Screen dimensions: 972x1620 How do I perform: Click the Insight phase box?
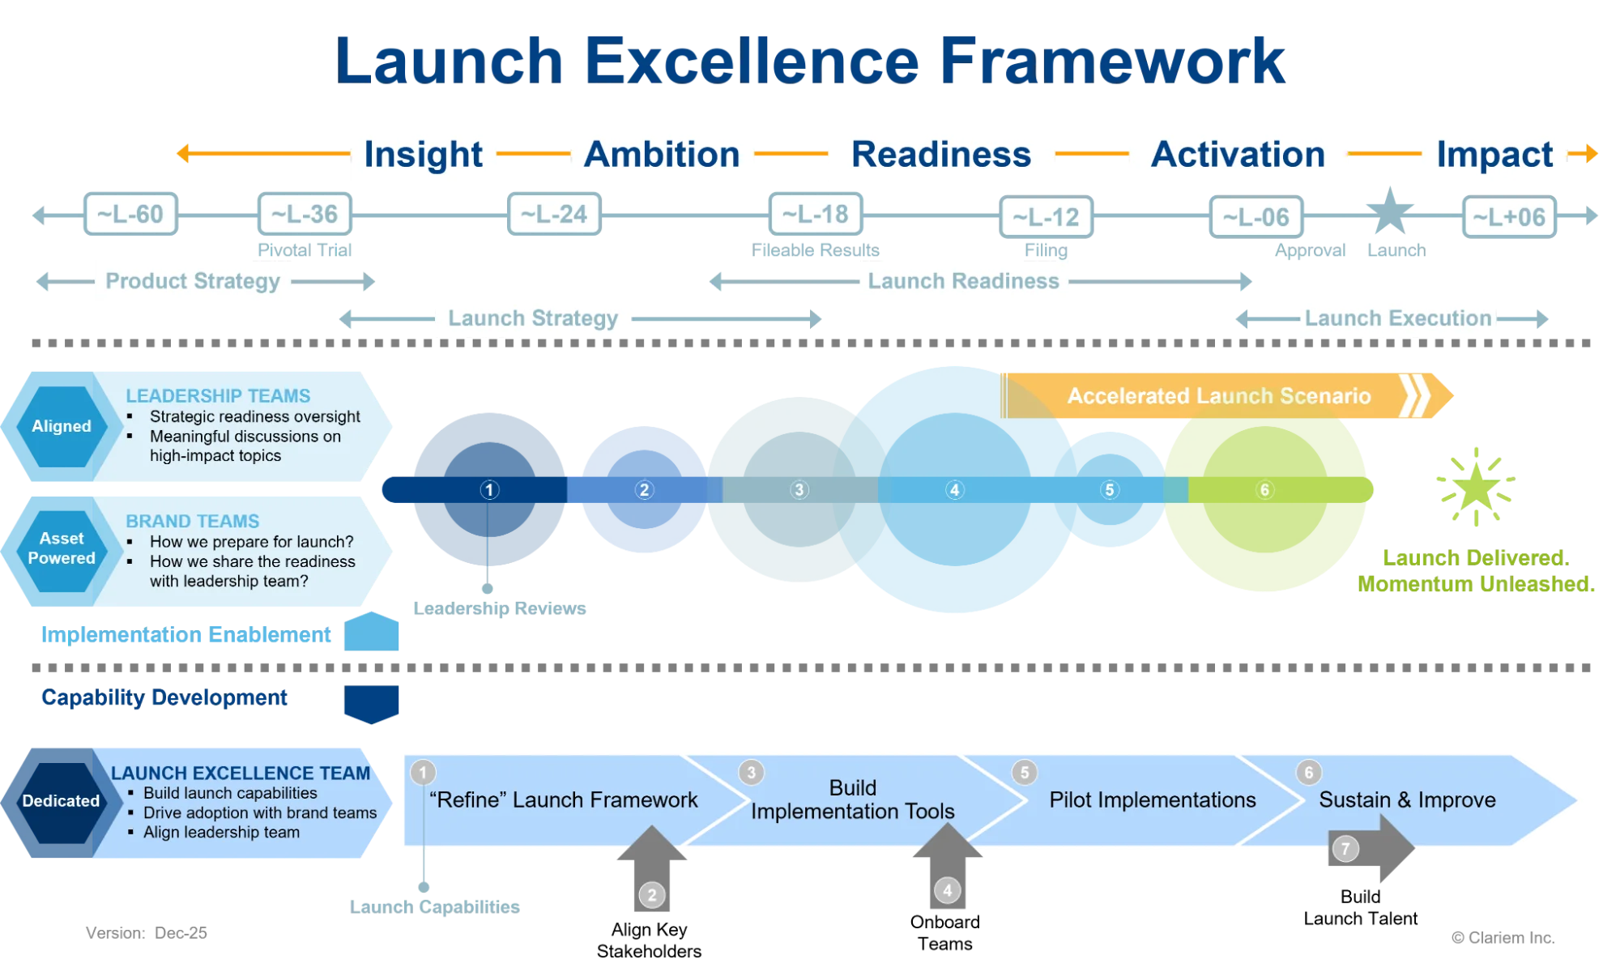(424, 155)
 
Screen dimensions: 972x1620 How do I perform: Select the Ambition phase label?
(663, 155)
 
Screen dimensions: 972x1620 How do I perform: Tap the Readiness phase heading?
(940, 155)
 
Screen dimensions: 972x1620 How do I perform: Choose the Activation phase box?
(1238, 155)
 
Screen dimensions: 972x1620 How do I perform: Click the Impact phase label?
(1494, 155)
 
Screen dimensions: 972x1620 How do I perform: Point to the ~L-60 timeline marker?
(130, 215)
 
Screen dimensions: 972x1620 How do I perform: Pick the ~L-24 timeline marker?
(554, 215)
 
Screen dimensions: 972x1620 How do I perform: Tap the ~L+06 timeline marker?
(1509, 217)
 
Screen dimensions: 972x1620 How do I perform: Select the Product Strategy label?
(193, 281)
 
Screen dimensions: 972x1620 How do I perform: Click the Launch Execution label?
(1398, 318)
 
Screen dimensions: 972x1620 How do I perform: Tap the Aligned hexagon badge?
(62, 426)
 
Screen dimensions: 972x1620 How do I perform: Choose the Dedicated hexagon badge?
(61, 801)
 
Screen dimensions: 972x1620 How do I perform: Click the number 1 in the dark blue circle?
(489, 490)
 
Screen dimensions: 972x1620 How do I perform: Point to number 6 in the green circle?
(1264, 490)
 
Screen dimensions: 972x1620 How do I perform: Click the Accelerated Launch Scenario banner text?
(1219, 396)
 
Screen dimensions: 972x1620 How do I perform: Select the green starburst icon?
(1476, 486)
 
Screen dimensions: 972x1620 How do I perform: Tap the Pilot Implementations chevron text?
(1153, 800)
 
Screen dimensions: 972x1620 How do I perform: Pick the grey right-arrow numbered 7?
(1369, 849)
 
